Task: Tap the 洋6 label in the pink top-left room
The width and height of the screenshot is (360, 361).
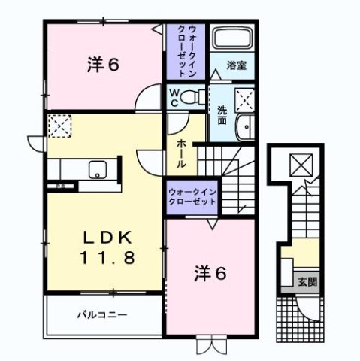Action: tap(104, 65)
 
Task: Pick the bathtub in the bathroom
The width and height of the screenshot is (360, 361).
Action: tap(232, 39)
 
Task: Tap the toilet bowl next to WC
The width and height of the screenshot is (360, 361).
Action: tap(194, 96)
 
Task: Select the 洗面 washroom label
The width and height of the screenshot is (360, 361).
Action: tap(222, 115)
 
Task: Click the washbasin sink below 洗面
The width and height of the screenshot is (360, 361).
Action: tap(246, 128)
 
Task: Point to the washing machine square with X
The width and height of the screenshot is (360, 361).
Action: tap(244, 98)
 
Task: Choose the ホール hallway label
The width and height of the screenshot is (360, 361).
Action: tap(182, 153)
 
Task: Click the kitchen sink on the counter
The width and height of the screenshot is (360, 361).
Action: tap(98, 169)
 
